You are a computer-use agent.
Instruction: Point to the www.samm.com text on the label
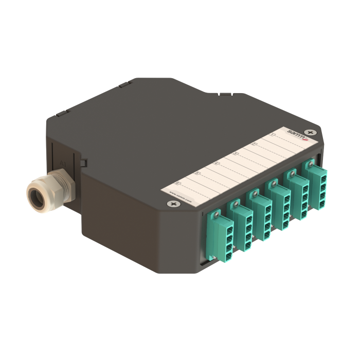180,197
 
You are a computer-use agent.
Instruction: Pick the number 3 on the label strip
235,154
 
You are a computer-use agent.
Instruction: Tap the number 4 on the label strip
216,164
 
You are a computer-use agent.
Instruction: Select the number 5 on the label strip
197,174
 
